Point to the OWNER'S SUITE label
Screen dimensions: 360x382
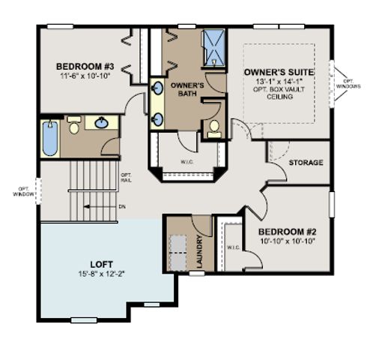point(278,72)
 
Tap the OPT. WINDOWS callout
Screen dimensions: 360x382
point(348,83)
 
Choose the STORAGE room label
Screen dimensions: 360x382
point(306,162)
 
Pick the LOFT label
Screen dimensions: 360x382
point(102,264)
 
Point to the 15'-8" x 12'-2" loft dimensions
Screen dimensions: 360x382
point(102,274)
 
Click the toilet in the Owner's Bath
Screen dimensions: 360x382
point(213,128)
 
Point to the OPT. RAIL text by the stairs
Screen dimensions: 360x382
point(126,178)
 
